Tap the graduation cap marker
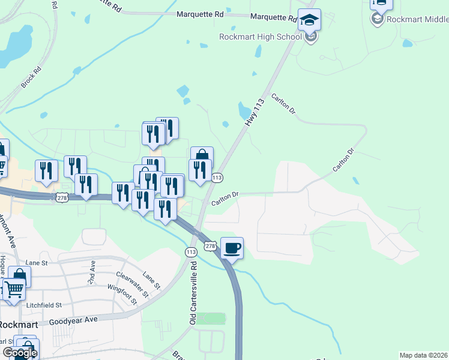(309, 20)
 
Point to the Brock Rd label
(31, 77)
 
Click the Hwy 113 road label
(255, 112)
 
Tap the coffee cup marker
(232, 248)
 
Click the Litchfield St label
(44, 305)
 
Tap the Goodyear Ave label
(73, 320)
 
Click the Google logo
(20, 353)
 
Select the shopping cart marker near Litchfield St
(14, 289)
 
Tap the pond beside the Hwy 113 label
(244, 110)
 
